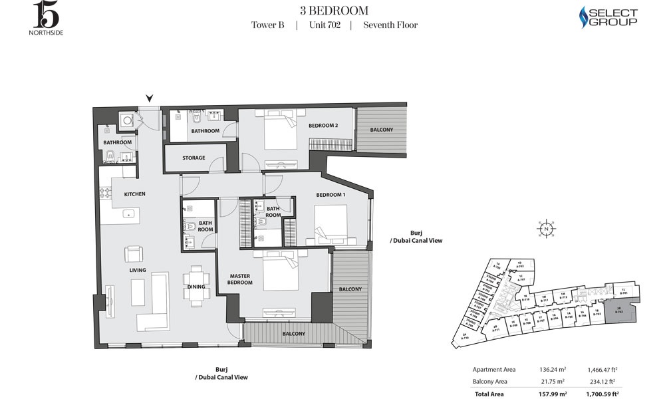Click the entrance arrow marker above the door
(149, 99)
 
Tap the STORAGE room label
(194, 158)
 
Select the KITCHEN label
(134, 194)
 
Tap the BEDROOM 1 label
(331, 194)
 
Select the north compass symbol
(545, 229)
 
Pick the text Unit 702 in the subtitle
(325, 25)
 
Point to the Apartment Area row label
(494, 369)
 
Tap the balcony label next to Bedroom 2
(382, 130)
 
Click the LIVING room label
(138, 270)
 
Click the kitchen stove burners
(105, 194)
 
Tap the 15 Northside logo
(47, 17)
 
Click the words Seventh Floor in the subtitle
(390, 25)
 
